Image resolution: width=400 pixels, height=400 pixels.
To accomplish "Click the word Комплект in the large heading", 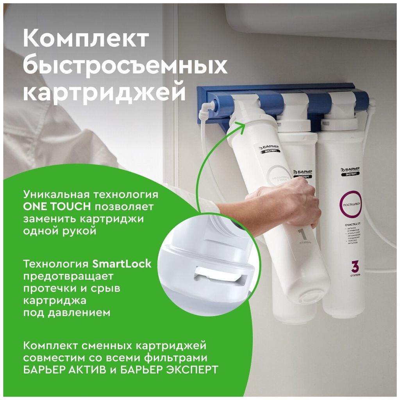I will (86, 39).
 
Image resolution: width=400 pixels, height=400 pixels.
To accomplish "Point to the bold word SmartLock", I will (122, 264).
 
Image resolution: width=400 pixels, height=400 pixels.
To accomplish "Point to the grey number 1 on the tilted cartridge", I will (302, 235).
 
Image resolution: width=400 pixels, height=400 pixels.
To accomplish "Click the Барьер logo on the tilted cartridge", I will (270, 148).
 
